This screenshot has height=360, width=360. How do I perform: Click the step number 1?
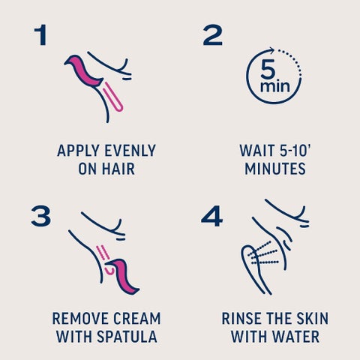[41, 34]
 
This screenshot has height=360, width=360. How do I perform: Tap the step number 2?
[212, 34]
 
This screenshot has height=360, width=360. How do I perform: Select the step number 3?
[40, 216]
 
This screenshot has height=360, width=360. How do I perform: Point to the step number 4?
[211, 216]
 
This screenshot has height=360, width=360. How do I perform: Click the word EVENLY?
[130, 151]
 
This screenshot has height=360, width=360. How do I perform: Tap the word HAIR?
[118, 169]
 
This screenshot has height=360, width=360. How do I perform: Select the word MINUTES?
[275, 169]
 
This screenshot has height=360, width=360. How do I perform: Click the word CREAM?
[136, 319]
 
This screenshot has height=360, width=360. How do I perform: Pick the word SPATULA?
[127, 337]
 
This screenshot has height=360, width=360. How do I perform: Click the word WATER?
[295, 337]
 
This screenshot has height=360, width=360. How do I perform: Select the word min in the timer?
[275, 86]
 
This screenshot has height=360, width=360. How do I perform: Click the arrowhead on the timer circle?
[271, 49]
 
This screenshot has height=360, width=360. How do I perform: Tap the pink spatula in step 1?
[84, 71]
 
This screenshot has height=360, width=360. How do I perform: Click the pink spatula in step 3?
[123, 277]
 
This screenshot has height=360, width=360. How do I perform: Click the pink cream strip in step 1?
[112, 97]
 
